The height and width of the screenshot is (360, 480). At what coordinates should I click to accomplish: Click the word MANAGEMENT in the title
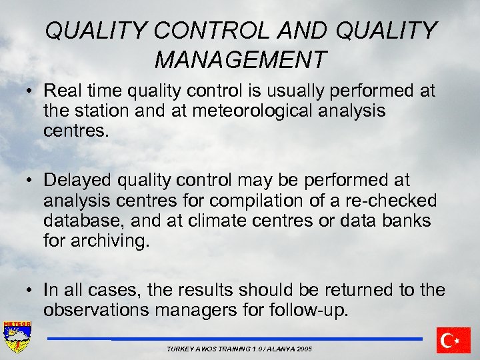click(x=240, y=60)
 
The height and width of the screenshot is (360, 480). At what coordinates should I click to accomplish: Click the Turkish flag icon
click(x=453, y=340)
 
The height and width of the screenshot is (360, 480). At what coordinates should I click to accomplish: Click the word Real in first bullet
click(x=62, y=90)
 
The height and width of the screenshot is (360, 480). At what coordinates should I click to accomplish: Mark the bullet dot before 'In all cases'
click(x=31, y=291)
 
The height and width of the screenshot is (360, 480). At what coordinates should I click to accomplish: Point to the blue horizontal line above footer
click(x=233, y=339)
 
